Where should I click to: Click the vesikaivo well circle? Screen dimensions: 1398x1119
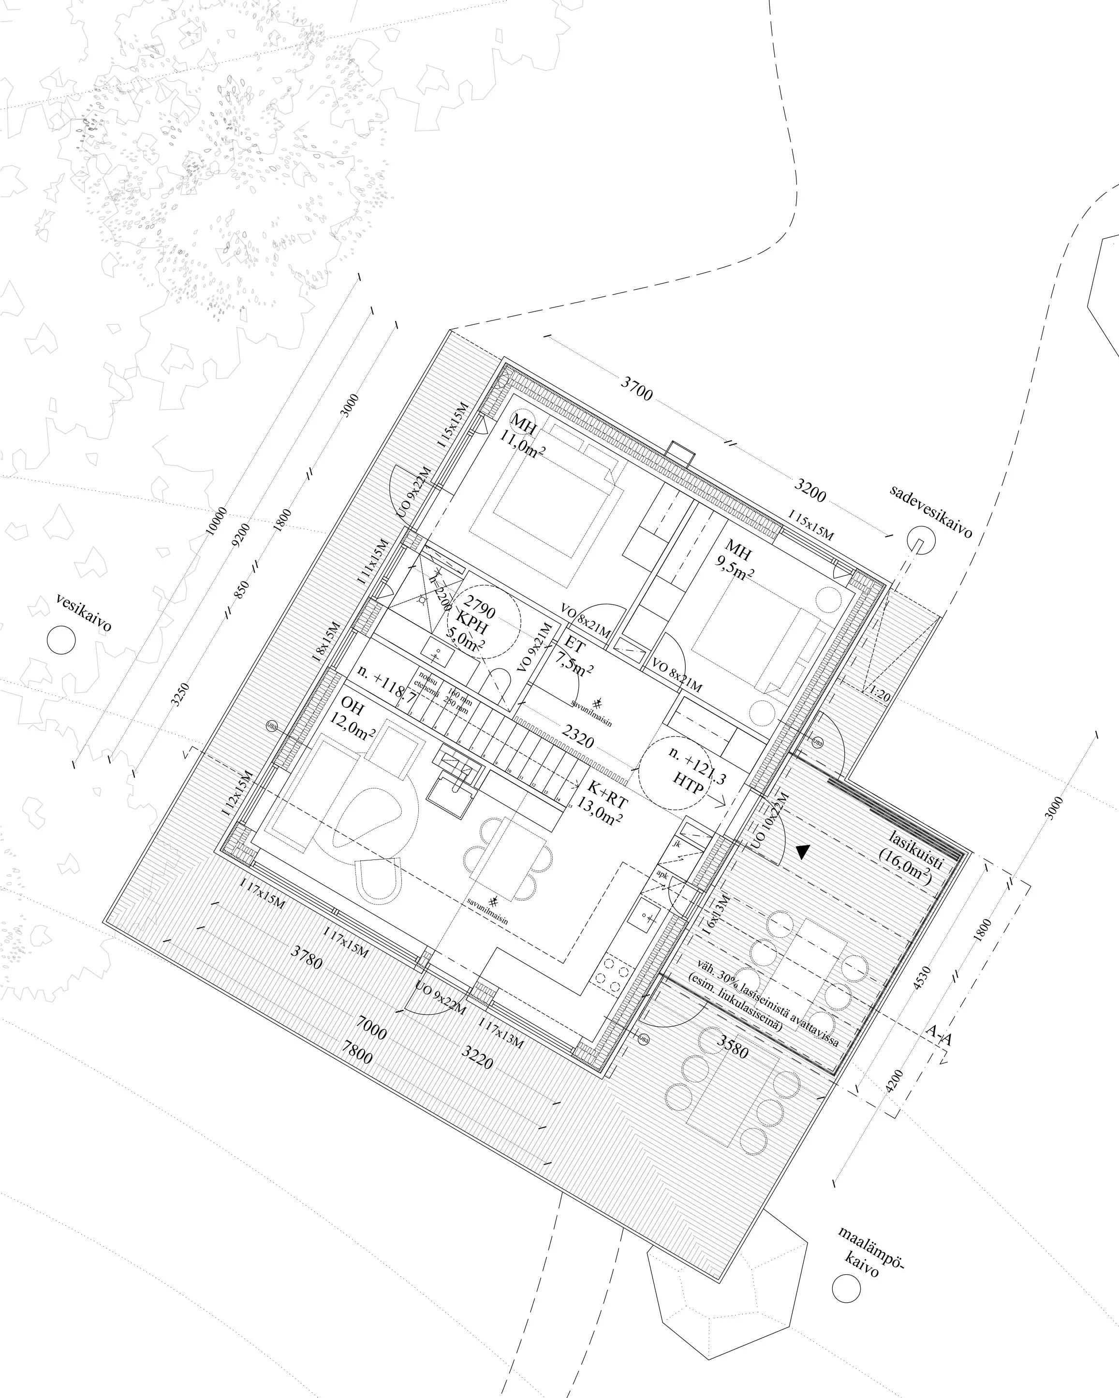coord(61,640)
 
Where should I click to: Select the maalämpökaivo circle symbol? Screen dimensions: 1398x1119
coord(846,1288)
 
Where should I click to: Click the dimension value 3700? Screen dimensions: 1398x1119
coord(636,388)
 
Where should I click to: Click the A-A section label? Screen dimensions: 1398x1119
coord(938,1035)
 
